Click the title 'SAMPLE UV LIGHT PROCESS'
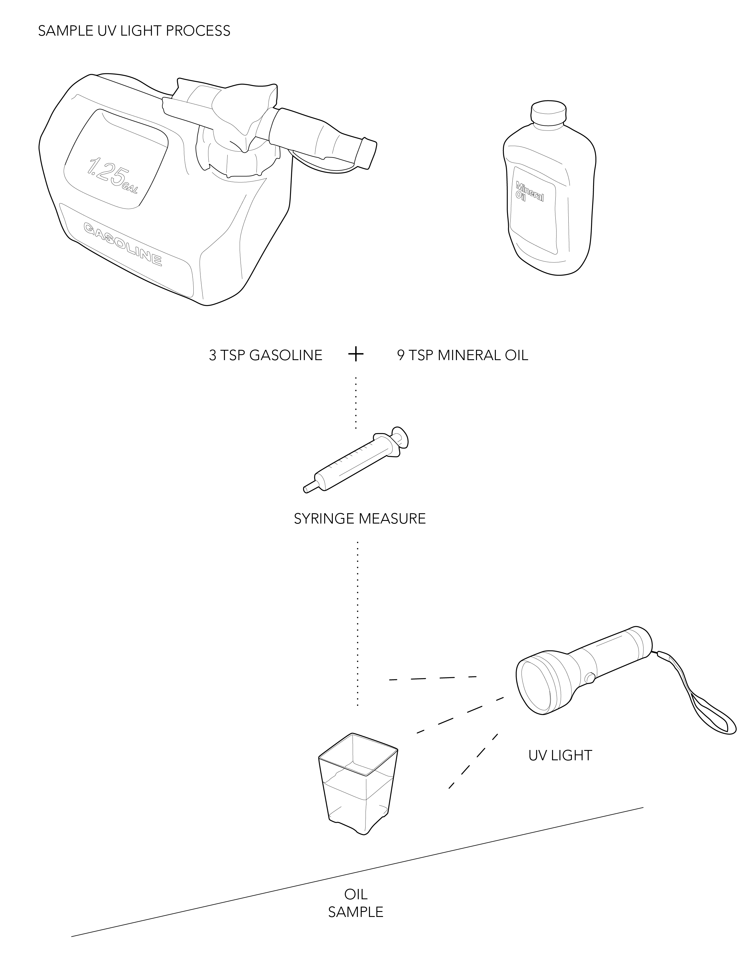pyautogui.click(x=134, y=31)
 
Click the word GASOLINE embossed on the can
pyautogui.click(x=123, y=244)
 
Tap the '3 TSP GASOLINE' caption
pyautogui.click(x=266, y=355)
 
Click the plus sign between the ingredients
pyautogui.click(x=356, y=355)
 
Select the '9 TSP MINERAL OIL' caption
pyautogui.click(x=463, y=355)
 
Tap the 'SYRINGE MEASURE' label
pyautogui.click(x=360, y=519)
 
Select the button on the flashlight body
pyautogui.click(x=590, y=678)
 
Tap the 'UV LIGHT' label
pyautogui.click(x=560, y=755)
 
